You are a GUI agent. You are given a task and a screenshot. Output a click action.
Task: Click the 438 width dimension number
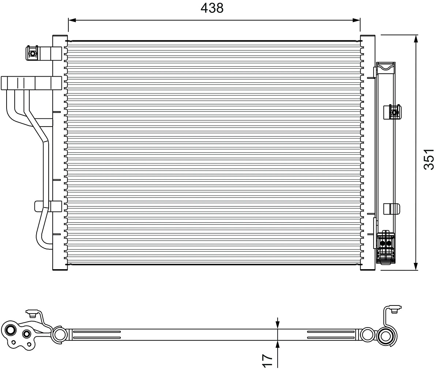tap(212, 8)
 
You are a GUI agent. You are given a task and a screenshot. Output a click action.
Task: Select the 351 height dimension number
tap(428, 159)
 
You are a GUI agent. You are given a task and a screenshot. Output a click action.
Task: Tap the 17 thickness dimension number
tap(268, 360)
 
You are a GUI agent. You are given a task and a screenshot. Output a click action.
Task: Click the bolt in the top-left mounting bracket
tap(33, 54)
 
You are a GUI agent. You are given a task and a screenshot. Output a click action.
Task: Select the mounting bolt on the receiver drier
tap(394, 112)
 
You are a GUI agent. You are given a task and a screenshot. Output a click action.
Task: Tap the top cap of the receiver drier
tap(386, 67)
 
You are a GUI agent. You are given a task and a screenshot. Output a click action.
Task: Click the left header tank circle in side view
tap(59, 334)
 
